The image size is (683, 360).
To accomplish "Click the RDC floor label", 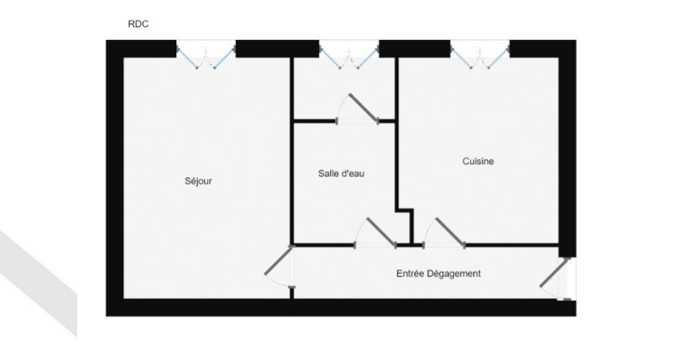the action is [x=138, y=24].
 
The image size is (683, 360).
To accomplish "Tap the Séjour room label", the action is [x=198, y=180].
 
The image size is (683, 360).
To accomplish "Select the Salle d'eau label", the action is [x=341, y=173].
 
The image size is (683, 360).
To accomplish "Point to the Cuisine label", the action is [x=478, y=161].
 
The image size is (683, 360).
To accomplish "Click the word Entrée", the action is [x=410, y=273].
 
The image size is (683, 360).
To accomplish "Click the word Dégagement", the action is [x=454, y=274].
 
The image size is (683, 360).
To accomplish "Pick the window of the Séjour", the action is [x=206, y=54].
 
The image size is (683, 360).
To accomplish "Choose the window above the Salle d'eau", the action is [x=349, y=54].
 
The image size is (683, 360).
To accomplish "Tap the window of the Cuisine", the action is [x=480, y=54].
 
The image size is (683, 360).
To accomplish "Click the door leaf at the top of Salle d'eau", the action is [x=363, y=107].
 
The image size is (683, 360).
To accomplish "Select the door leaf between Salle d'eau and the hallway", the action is [x=381, y=232].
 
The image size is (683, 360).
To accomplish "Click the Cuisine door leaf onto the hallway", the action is [x=450, y=232].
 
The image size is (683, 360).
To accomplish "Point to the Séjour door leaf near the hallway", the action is [x=278, y=260].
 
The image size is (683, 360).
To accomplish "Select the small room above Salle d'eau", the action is [x=344, y=89].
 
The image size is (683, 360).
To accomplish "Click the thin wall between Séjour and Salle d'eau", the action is [x=292, y=150].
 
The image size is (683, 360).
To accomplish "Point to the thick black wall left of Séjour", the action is [x=115, y=178].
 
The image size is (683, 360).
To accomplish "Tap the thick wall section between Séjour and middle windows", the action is [x=277, y=49].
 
